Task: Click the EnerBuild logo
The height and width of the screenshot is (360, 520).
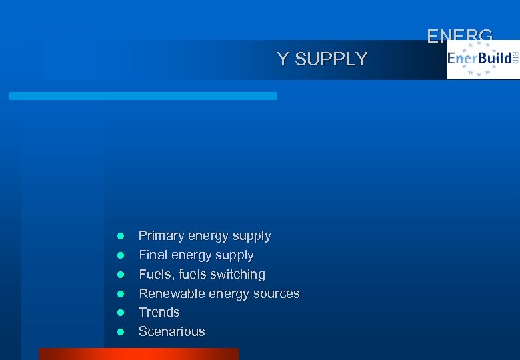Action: tap(482, 59)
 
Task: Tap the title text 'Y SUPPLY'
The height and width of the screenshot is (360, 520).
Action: tap(321, 59)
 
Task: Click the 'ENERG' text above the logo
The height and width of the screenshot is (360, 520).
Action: tap(459, 36)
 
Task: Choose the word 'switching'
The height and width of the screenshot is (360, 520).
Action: tap(237, 275)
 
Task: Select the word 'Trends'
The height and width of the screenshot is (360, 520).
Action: tap(159, 313)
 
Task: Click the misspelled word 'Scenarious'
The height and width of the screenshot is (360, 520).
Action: tap(171, 332)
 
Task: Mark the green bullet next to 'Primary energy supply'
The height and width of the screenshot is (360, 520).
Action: tap(121, 236)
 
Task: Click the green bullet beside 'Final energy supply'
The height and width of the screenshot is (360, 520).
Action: tap(121, 255)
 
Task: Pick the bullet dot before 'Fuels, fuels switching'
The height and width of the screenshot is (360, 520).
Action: tap(121, 275)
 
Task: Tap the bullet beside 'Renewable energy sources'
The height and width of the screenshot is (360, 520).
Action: tap(121, 294)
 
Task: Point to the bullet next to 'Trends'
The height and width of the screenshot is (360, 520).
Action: tap(121, 313)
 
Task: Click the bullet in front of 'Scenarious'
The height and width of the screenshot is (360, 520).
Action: tap(121, 332)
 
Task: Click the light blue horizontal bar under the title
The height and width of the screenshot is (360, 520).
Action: tap(143, 96)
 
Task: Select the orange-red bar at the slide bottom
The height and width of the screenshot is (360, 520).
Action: tap(138, 354)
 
